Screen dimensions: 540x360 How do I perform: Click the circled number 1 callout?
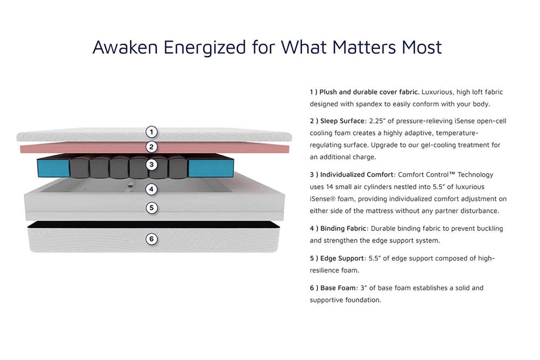point(152,132)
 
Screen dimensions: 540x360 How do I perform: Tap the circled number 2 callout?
point(152,147)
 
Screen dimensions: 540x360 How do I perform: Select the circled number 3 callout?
point(152,165)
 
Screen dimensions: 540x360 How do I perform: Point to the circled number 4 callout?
point(152,189)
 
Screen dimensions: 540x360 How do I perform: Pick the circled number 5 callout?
point(152,208)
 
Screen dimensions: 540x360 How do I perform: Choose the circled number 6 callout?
point(152,239)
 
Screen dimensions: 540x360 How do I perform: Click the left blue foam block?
point(53,168)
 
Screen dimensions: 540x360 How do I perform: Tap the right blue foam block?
point(211,168)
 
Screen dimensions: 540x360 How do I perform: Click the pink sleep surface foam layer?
point(154,148)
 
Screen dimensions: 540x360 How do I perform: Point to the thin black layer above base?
point(153,225)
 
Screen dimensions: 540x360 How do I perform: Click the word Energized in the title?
point(205,47)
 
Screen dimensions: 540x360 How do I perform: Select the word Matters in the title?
point(364,47)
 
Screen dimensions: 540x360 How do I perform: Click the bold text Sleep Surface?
point(342,121)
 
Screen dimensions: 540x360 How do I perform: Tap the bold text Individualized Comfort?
point(357,174)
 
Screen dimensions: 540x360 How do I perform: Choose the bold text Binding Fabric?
point(343,228)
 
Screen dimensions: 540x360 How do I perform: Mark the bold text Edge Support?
point(342,259)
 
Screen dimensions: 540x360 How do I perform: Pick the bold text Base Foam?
point(338,288)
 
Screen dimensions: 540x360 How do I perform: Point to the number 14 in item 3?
point(329,187)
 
